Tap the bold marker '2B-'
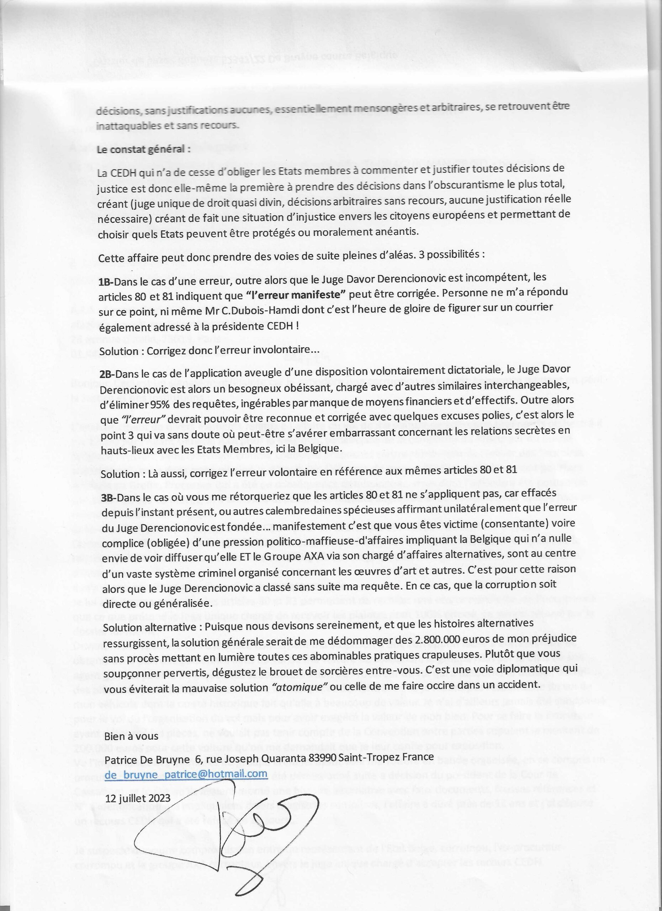click(x=107, y=373)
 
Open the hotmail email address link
click(x=186, y=774)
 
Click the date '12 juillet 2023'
click(x=137, y=798)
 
